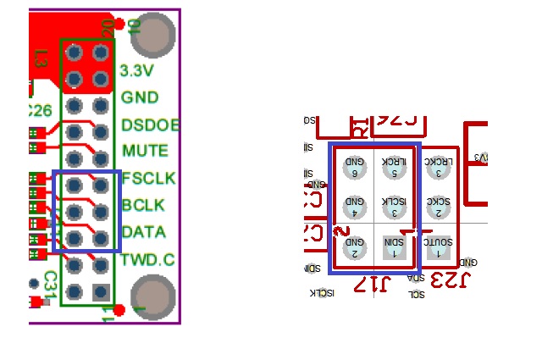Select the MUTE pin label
click(145, 151)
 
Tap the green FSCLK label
click(148, 179)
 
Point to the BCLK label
click(143, 205)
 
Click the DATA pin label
click(143, 231)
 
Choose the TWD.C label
click(147, 259)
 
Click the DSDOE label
click(150, 125)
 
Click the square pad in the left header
click(102, 292)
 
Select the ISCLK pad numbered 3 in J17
click(394, 206)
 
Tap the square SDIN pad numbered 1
click(394, 246)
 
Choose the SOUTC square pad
click(437, 246)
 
